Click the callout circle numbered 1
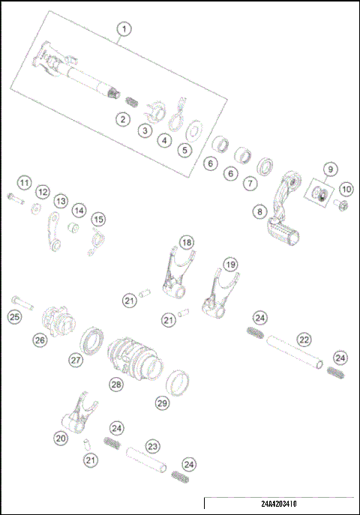click(124, 29)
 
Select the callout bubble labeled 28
click(115, 384)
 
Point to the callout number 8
click(259, 212)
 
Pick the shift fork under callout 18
click(179, 274)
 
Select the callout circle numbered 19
click(231, 265)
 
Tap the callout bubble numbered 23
click(152, 446)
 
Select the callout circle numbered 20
click(61, 438)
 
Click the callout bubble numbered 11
click(25, 182)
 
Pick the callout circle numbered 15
click(97, 219)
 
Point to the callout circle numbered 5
click(184, 149)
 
